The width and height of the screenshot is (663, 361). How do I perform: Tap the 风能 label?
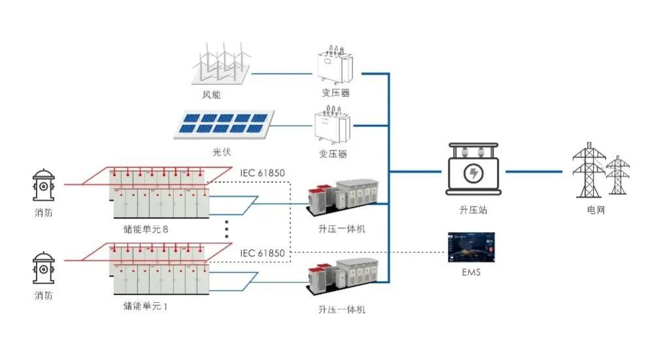pos(211,95)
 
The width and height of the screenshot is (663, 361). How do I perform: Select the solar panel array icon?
pos(222,124)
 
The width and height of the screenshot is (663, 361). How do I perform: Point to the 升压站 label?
pos(473,211)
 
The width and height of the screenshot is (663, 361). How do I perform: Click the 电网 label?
pos(597,211)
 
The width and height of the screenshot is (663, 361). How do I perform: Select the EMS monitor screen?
pos(470,247)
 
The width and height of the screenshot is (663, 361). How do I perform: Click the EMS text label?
pos(470,271)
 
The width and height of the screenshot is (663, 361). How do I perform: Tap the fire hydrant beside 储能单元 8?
pos(44,187)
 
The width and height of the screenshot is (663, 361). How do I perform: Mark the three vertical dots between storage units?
pos(226,230)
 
